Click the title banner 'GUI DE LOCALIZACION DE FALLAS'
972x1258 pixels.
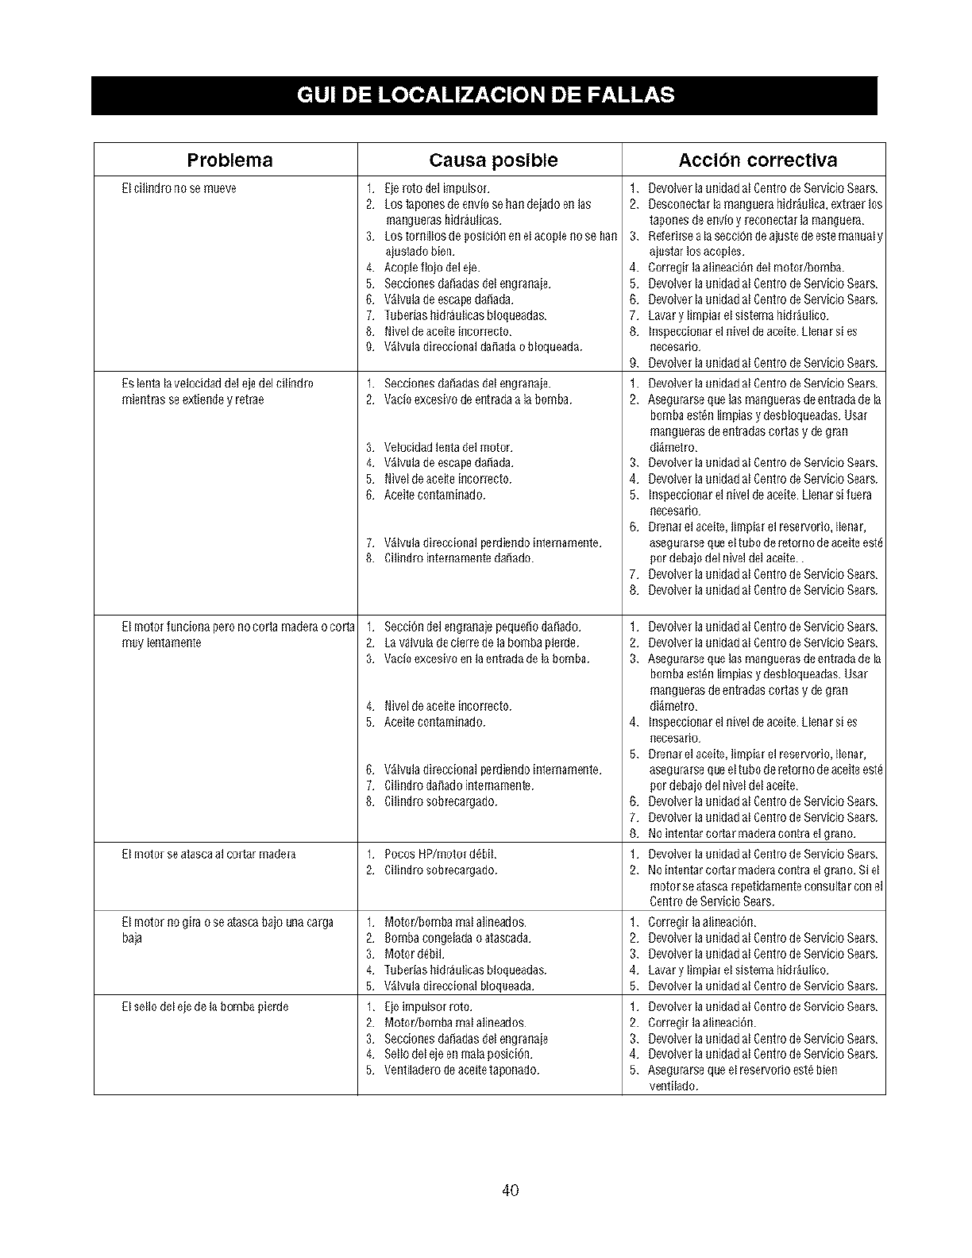click(x=484, y=95)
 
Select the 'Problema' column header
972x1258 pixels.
click(x=229, y=160)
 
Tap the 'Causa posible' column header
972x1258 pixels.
click(x=493, y=160)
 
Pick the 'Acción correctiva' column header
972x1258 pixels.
click(x=757, y=160)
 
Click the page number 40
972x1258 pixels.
click(x=511, y=1190)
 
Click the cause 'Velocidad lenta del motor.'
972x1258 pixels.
click(x=448, y=447)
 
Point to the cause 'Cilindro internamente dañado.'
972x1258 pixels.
click(x=459, y=558)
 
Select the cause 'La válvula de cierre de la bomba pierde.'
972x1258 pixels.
click(x=481, y=643)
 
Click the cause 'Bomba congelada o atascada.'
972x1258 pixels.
click(x=457, y=938)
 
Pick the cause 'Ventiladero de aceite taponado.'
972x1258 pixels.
click(x=461, y=1070)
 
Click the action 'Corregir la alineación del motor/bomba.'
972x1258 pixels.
click(x=746, y=268)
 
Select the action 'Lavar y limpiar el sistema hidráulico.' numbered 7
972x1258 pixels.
click(x=739, y=315)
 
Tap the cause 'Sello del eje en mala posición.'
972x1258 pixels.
click(x=458, y=1054)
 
